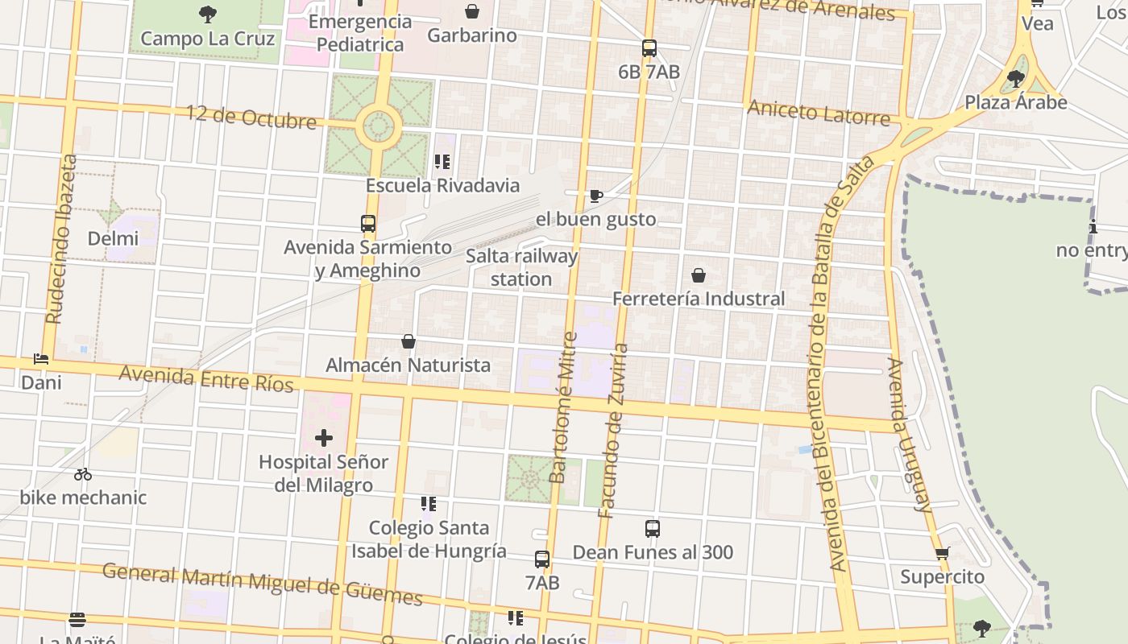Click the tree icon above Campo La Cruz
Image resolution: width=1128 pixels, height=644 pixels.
pyautogui.click(x=208, y=14)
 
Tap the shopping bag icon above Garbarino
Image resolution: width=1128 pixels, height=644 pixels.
pyautogui.click(x=472, y=11)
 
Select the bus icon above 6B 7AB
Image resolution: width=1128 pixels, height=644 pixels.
pyautogui.click(x=649, y=48)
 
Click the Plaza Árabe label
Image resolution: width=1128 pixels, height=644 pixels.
pyautogui.click(x=1016, y=102)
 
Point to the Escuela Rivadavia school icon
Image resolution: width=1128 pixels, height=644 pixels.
pyautogui.click(x=442, y=162)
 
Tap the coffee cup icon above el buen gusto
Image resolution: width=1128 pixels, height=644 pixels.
pyautogui.click(x=595, y=196)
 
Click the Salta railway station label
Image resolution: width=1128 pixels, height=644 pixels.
pyautogui.click(x=522, y=268)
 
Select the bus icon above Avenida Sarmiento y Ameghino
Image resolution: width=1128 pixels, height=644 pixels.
pyautogui.click(x=368, y=224)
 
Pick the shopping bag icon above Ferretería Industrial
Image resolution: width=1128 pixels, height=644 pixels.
pyautogui.click(x=699, y=275)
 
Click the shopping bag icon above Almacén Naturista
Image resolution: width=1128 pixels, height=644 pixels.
pyautogui.click(x=408, y=341)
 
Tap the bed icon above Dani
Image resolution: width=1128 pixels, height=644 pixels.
pyautogui.click(x=41, y=359)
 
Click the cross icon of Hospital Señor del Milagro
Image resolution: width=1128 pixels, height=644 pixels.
pyautogui.click(x=323, y=438)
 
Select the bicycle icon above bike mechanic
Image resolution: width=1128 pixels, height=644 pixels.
pyautogui.click(x=83, y=474)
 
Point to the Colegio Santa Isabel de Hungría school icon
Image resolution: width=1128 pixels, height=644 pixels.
pyautogui.click(x=428, y=505)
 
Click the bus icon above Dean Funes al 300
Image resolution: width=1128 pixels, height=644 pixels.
pyautogui.click(x=653, y=529)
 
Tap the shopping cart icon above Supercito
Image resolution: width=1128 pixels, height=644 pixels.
pyautogui.click(x=943, y=553)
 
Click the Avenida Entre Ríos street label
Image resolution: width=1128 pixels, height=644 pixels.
pyautogui.click(x=206, y=378)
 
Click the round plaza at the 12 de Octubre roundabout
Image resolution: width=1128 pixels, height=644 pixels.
pyautogui.click(x=379, y=126)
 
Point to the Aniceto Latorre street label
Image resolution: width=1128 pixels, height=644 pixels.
pyautogui.click(x=819, y=113)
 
